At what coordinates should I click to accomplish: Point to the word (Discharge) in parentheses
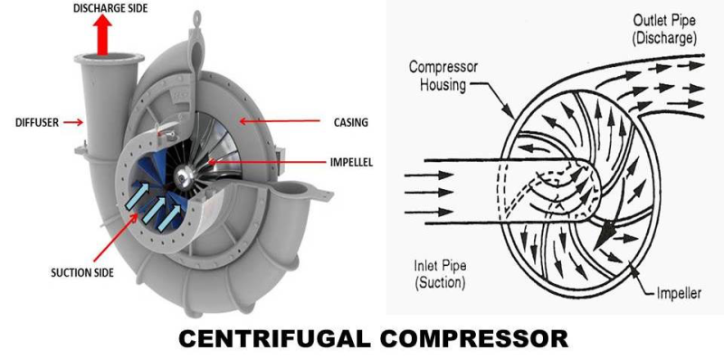(664, 39)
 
